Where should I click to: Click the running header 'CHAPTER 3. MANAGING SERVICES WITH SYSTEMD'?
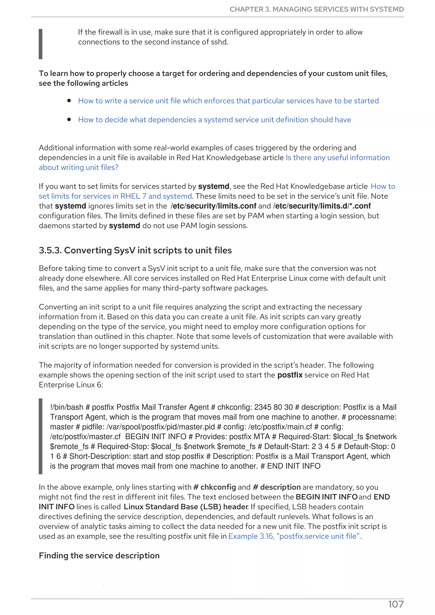[316, 9]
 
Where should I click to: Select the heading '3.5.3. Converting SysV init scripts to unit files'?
[135, 250]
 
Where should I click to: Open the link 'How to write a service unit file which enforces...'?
[228, 101]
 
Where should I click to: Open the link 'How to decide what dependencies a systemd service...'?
[214, 120]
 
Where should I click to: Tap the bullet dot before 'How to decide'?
[69, 119]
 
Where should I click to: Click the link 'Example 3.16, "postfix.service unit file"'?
[294, 536]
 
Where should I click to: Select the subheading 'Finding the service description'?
[99, 556]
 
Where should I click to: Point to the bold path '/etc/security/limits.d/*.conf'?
[322, 206]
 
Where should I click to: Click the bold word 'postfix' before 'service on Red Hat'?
[290, 375]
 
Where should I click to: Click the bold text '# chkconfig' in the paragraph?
[214, 487]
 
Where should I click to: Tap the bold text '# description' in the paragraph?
[277, 487]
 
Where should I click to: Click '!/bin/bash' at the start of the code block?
[66, 407]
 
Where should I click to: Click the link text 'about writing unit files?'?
[79, 167]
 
